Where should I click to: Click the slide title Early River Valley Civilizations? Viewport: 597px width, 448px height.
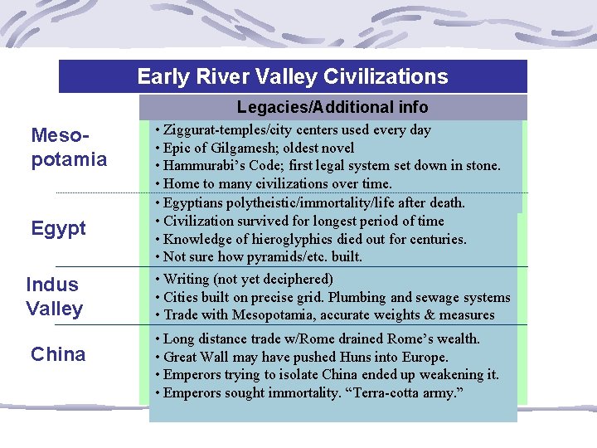pyautogui.click(x=293, y=77)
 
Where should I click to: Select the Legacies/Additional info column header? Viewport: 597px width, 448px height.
pyautogui.click(x=332, y=107)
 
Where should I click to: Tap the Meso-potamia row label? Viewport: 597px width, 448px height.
pyautogui.click(x=69, y=147)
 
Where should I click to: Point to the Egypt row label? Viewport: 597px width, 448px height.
pyautogui.click(x=58, y=228)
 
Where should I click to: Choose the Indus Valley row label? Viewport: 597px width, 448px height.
pyautogui.click(x=54, y=296)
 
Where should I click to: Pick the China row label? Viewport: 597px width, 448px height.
pyautogui.click(x=58, y=354)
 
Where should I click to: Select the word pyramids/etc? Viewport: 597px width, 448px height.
pyautogui.click(x=286, y=257)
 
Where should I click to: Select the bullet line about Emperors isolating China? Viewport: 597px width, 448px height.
pyautogui.click(x=331, y=375)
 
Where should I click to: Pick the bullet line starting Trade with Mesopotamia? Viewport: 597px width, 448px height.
pyautogui.click(x=328, y=315)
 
